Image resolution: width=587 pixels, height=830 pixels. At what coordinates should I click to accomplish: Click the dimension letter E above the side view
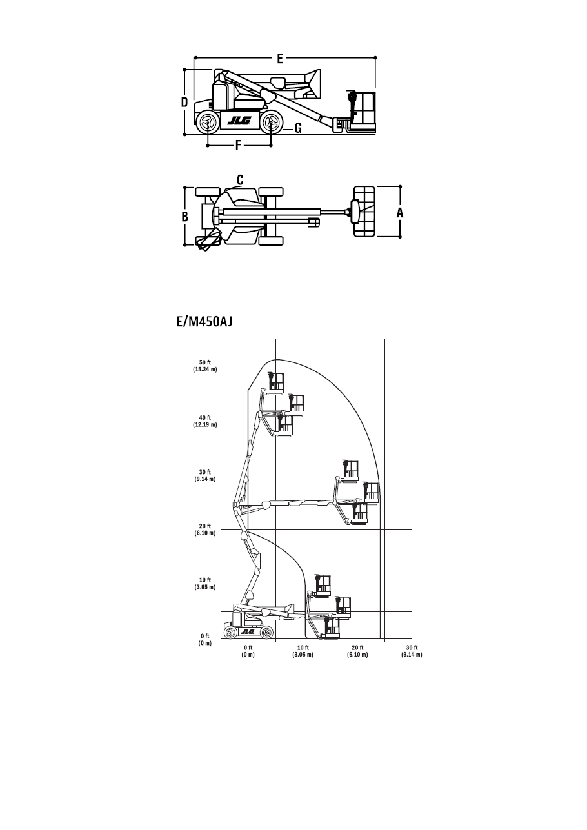point(280,59)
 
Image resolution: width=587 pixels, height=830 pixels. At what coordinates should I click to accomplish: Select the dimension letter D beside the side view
point(184,102)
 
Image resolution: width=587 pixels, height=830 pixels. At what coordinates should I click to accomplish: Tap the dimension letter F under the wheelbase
point(238,145)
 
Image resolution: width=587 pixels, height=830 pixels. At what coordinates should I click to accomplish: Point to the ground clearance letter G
point(298,128)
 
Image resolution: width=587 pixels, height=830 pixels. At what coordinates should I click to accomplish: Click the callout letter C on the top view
point(240,180)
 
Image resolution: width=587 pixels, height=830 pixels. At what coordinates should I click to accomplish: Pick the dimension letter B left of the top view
point(184,217)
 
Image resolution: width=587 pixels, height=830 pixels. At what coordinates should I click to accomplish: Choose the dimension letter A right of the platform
point(400,213)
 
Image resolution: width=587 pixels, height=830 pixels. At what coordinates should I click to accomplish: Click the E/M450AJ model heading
point(204,322)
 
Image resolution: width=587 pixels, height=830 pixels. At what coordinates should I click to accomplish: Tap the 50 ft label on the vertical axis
point(205,362)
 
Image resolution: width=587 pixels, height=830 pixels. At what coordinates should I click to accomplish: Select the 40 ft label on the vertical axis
point(205,418)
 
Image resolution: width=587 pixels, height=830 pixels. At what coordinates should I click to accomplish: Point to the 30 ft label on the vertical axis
point(205,472)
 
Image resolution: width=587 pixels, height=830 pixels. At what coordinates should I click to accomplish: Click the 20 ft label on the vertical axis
point(205,526)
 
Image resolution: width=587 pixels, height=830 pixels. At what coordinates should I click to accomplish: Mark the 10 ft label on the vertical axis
point(205,580)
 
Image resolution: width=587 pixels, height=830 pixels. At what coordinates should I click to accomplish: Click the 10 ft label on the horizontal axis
point(303,647)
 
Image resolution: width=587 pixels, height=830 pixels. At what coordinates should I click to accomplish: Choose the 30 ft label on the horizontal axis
point(412,647)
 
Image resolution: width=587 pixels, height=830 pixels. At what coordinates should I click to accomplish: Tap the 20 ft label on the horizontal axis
point(357,647)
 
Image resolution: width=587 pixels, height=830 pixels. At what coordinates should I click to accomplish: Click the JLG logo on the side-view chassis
point(239,121)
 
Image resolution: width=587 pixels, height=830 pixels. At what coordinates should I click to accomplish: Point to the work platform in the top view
point(364,212)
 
